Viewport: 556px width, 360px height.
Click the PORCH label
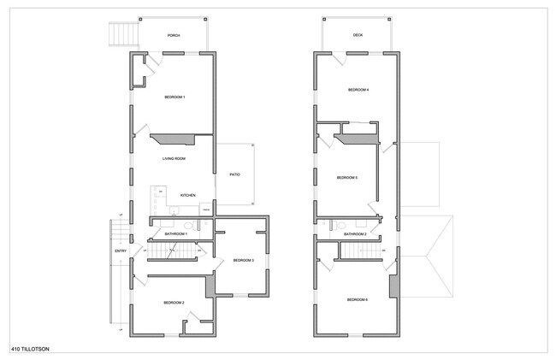pyautogui.click(x=174, y=36)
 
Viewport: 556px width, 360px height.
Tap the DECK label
pyautogui.click(x=358, y=36)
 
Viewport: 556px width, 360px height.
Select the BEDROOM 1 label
pyautogui.click(x=174, y=97)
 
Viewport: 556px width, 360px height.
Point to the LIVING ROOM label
pyautogui.click(x=174, y=158)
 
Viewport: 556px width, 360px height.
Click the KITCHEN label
pyautogui.click(x=187, y=195)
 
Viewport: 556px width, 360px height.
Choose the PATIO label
pyautogui.click(x=234, y=174)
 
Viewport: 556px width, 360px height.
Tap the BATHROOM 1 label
pyautogui.click(x=176, y=233)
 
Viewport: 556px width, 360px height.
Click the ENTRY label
pyautogui.click(x=121, y=251)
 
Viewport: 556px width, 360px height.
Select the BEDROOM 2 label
pyautogui.click(x=174, y=302)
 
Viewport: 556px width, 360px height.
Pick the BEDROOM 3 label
pyautogui.click(x=244, y=260)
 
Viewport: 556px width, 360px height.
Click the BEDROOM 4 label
pyautogui.click(x=358, y=90)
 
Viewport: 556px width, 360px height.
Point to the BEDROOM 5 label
pyautogui.click(x=346, y=177)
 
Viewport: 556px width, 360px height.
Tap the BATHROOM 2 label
pyautogui.click(x=355, y=233)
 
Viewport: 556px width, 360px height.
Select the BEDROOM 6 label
pyautogui.click(x=358, y=299)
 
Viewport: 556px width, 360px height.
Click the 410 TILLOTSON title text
pyautogui.click(x=29, y=350)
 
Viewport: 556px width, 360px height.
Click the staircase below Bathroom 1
pyautogui.click(x=174, y=251)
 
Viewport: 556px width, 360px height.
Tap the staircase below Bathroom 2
pyautogui.click(x=359, y=250)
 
